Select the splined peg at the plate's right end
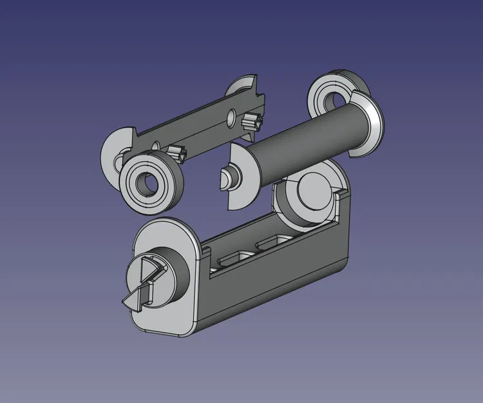pos(252,121)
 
